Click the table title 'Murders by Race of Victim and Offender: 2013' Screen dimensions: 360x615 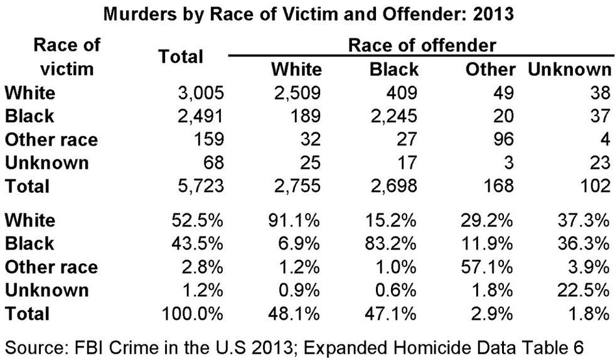(307, 14)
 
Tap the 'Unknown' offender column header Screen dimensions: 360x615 (569, 69)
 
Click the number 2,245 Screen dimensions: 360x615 (393, 116)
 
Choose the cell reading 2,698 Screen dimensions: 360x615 (393, 186)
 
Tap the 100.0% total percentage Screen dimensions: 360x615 (193, 313)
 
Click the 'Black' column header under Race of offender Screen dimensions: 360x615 (394, 69)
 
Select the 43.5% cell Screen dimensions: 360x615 (198, 243)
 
